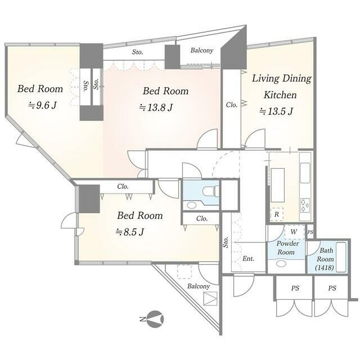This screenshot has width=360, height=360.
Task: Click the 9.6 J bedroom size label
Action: coord(42,105)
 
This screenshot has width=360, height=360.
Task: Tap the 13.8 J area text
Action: coord(156,107)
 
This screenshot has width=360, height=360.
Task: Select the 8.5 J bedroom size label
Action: coord(130,232)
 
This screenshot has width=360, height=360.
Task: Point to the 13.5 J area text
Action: coord(276,111)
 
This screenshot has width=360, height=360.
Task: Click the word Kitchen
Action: coord(280,95)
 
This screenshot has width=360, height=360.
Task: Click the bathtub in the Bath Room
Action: coord(341,257)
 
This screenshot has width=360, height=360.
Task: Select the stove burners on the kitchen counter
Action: coord(305,205)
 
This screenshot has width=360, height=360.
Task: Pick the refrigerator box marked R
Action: coord(276,214)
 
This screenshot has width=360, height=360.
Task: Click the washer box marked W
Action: coord(294,232)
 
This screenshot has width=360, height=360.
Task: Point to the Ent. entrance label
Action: coord(248,259)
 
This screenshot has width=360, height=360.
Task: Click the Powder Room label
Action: coord(287,247)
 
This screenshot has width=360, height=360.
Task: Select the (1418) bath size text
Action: coord(325,268)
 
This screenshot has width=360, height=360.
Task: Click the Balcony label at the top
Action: coord(202,50)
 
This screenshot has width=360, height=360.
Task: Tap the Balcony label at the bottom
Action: coord(199,286)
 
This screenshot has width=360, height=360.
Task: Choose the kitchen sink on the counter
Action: coord(305,173)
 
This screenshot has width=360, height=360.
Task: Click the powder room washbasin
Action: coord(281,264)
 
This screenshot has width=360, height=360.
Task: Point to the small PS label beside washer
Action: coord(310,232)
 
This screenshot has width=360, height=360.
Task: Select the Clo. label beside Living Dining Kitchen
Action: coord(231,105)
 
